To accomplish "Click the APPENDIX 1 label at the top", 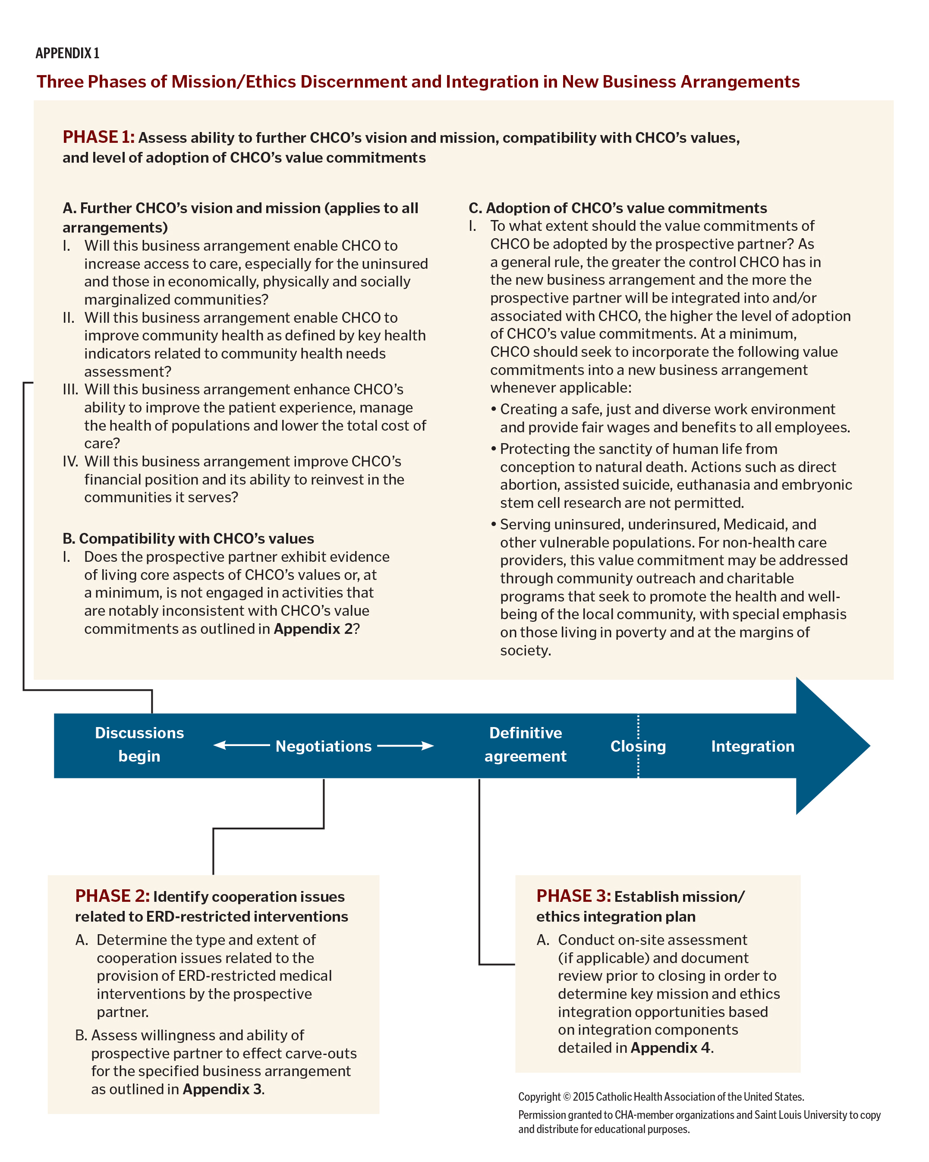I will click(67, 54).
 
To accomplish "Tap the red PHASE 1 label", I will click(98, 137).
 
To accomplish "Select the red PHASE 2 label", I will click(112, 896).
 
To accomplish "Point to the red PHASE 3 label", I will click(573, 896).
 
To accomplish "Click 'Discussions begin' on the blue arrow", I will click(139, 744).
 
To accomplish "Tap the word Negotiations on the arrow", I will click(323, 746).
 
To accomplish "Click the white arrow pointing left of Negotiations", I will click(241, 745).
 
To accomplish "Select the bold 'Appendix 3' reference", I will click(222, 1089).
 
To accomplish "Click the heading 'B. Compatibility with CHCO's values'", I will click(188, 538).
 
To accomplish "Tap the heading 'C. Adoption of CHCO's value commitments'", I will click(617, 208).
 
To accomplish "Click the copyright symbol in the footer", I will click(567, 1097).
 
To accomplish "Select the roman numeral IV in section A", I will click(70, 461).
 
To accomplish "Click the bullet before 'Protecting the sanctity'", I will click(493, 449).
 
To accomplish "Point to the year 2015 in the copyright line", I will click(583, 1097).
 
